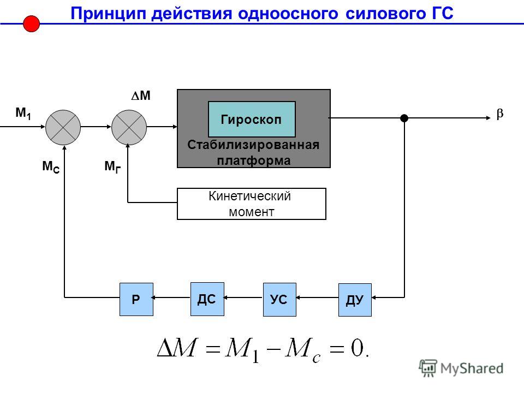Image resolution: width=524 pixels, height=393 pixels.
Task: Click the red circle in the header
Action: (32, 23)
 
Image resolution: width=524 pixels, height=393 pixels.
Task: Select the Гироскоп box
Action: (252, 120)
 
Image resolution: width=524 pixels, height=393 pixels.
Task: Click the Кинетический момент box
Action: (251, 204)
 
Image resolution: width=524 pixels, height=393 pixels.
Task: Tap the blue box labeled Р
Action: (136, 299)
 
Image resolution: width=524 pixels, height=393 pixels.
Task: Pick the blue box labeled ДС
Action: (207, 299)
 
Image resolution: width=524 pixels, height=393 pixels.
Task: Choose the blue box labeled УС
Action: (279, 300)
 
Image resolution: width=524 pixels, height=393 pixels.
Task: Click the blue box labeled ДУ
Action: (355, 300)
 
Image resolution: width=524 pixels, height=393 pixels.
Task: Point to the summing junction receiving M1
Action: (63, 127)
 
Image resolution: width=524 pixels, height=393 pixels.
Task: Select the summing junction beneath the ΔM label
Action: (129, 127)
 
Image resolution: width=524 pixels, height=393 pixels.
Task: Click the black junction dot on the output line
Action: (404, 118)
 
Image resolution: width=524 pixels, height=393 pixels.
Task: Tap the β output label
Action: (499, 114)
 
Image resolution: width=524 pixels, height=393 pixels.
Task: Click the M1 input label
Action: (23, 114)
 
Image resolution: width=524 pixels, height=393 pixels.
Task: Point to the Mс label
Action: (51, 166)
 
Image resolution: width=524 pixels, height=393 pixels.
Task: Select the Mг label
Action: (112, 166)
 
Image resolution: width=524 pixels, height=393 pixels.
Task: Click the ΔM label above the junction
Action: (141, 96)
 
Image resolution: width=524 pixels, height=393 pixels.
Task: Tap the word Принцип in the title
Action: (109, 14)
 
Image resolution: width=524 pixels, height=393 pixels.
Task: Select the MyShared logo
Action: (461, 368)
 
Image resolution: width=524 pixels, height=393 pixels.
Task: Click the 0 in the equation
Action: (357, 348)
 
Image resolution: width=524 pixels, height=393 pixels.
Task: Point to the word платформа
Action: (254, 160)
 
